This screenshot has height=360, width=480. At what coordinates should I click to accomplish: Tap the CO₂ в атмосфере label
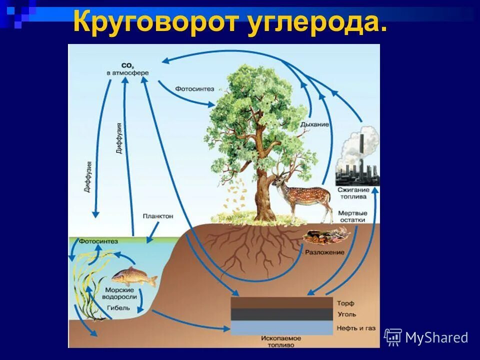pyautogui.click(x=127, y=69)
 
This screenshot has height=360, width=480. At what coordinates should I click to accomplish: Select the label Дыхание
pyautogui.click(x=314, y=124)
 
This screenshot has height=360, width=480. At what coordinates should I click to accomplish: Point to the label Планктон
pyautogui.click(x=157, y=216)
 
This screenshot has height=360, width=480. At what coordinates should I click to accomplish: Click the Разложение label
pyautogui.click(x=325, y=252)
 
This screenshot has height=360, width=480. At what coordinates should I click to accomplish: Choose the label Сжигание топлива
pyautogui.click(x=356, y=193)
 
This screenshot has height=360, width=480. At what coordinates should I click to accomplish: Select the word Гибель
pyautogui.click(x=118, y=307)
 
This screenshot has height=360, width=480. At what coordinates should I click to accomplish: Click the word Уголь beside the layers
pyautogui.click(x=346, y=314)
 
